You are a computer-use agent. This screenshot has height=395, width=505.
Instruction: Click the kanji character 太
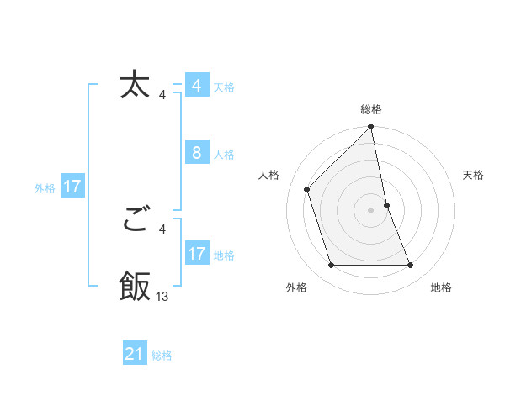click(135, 86)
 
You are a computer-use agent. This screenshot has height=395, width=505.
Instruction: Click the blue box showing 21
click(135, 354)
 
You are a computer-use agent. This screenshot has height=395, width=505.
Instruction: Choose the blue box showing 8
click(197, 153)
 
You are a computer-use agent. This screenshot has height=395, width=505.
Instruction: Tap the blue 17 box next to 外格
click(72, 187)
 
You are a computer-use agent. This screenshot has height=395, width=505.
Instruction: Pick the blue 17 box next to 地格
click(197, 254)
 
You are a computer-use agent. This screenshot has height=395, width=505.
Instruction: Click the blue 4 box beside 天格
click(197, 86)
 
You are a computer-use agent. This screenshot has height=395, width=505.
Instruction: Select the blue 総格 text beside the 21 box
click(162, 355)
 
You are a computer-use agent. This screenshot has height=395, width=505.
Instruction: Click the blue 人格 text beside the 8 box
click(224, 155)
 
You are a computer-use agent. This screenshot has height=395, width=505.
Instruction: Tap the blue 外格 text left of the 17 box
click(45, 188)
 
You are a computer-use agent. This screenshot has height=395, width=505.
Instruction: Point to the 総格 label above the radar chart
click(371, 109)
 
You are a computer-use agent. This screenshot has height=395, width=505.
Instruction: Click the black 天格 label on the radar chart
click(474, 175)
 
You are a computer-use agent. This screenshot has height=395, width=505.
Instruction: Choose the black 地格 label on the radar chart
click(441, 288)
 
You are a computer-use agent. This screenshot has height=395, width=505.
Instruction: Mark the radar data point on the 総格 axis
click(371, 128)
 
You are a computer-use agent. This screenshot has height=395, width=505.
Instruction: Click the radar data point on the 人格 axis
click(307, 189)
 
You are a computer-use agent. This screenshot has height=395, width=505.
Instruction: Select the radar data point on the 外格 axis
click(332, 266)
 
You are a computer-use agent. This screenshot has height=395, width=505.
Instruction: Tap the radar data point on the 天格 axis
click(387, 205)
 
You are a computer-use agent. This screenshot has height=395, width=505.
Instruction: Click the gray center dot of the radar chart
click(371, 210)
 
